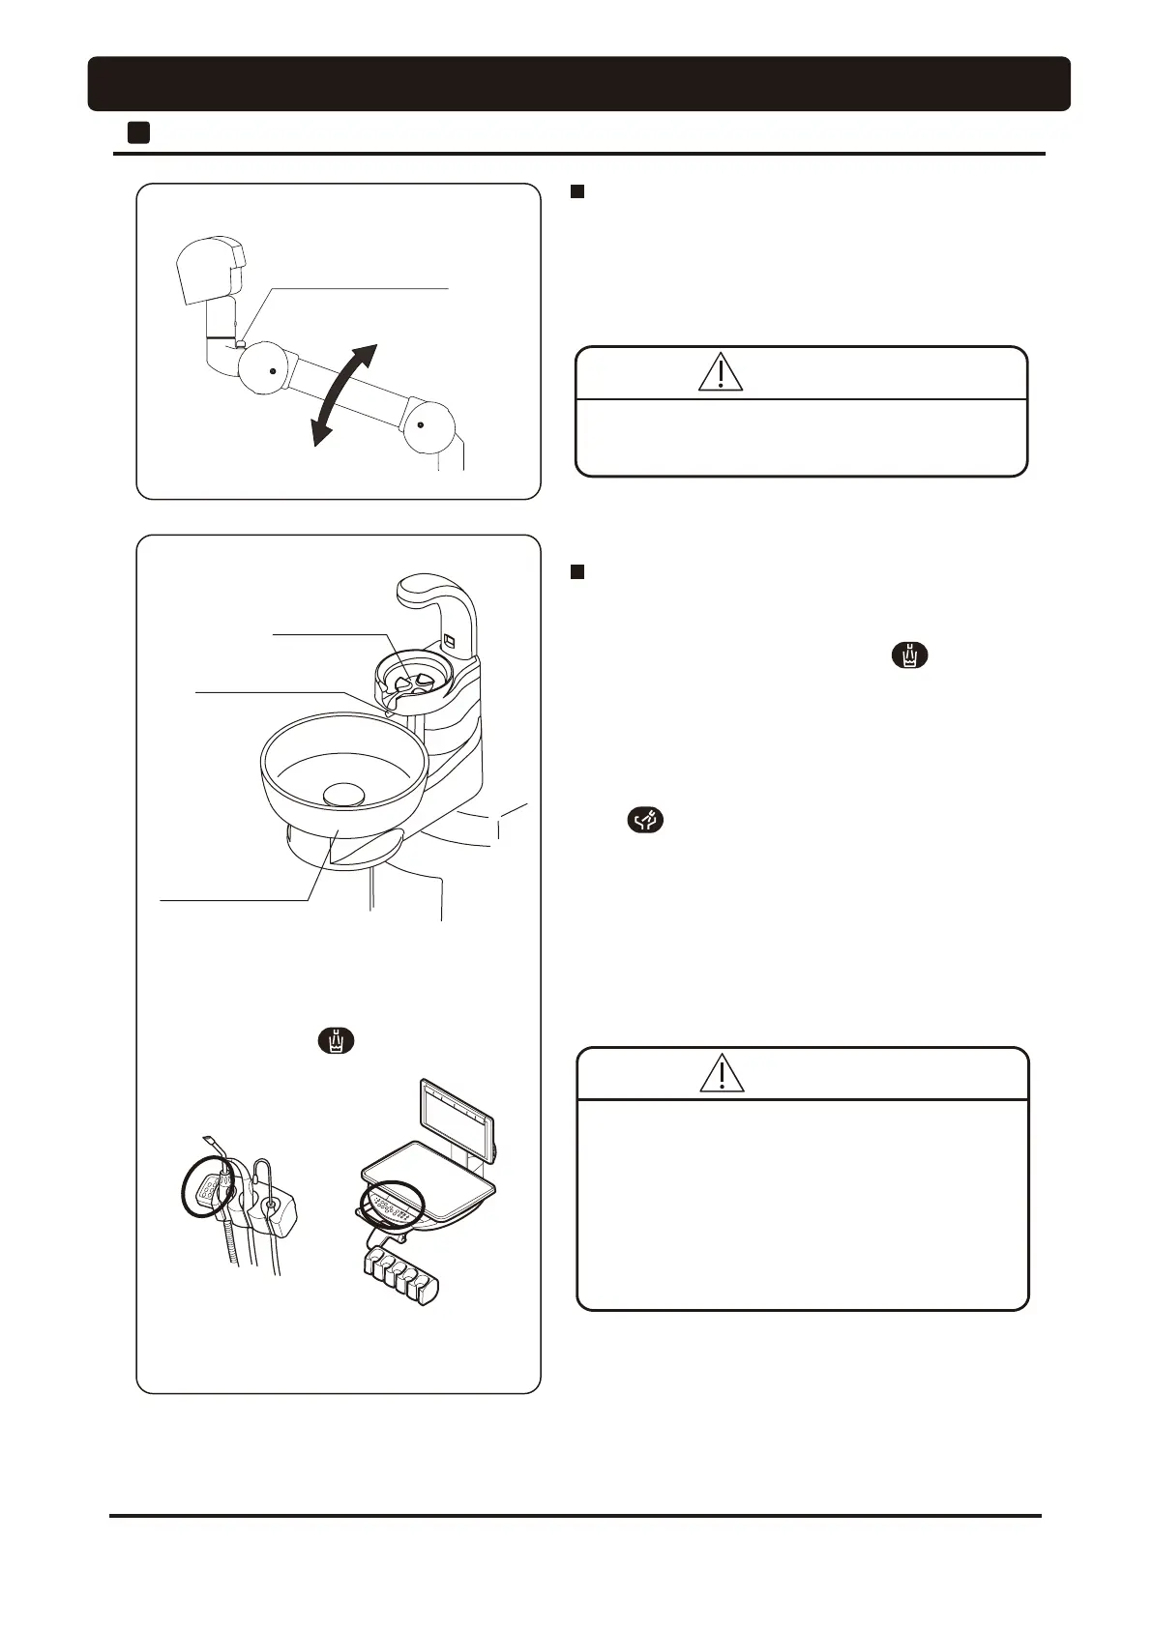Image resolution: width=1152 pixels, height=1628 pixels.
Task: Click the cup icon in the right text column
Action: pyautogui.click(x=909, y=655)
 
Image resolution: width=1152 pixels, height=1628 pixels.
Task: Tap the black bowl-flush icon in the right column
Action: pyautogui.click(x=646, y=821)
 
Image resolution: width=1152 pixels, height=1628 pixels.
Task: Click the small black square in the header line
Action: pyautogui.click(x=138, y=132)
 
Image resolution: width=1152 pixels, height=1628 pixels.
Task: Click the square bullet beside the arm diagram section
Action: pyautogui.click(x=577, y=192)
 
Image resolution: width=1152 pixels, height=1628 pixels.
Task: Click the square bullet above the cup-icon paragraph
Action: pyautogui.click(x=577, y=572)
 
